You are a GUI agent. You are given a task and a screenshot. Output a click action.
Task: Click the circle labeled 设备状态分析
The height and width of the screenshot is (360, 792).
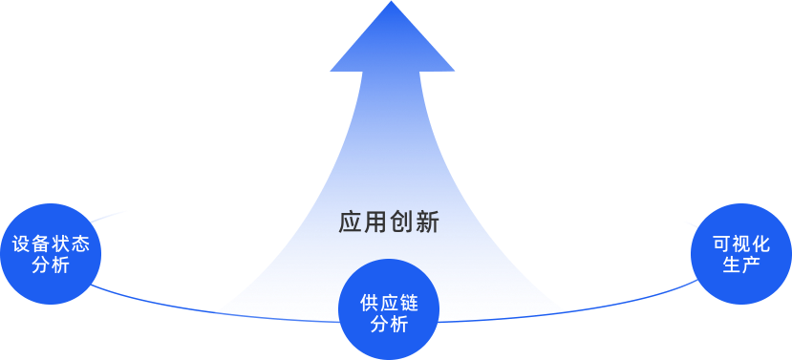pos(51,254)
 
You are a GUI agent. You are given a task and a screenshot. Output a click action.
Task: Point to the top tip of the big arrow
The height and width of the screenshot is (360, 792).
pos(392,3)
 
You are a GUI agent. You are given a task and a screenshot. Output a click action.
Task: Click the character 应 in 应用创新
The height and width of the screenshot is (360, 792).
pos(351,222)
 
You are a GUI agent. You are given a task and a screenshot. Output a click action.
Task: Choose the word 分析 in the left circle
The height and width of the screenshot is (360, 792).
pos(51,265)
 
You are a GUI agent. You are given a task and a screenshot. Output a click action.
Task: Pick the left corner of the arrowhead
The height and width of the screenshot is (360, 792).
pos(331,70)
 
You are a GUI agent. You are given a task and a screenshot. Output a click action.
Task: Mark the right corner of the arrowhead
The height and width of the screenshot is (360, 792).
pos(455,70)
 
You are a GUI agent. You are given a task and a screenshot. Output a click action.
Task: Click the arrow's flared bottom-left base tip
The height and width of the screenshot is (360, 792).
pos(215,312)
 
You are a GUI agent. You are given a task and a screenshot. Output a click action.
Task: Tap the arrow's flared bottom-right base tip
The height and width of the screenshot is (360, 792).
pos(565,311)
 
